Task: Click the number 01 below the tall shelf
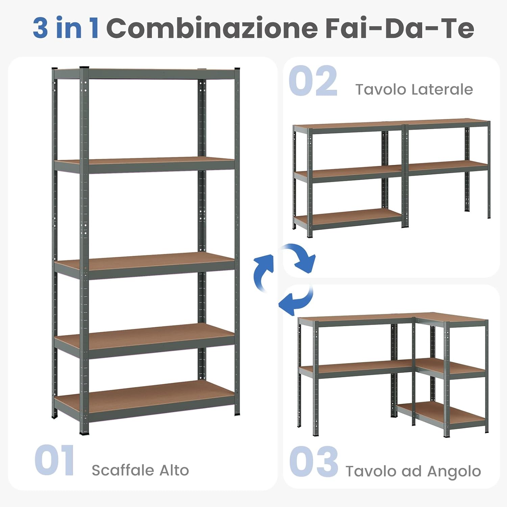click(54, 460)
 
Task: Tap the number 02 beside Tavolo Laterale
click(313, 81)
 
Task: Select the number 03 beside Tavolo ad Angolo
click(314, 461)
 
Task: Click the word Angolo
click(454, 471)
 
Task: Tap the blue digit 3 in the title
click(40, 28)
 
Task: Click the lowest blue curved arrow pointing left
click(296, 299)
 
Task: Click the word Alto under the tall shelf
click(174, 470)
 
